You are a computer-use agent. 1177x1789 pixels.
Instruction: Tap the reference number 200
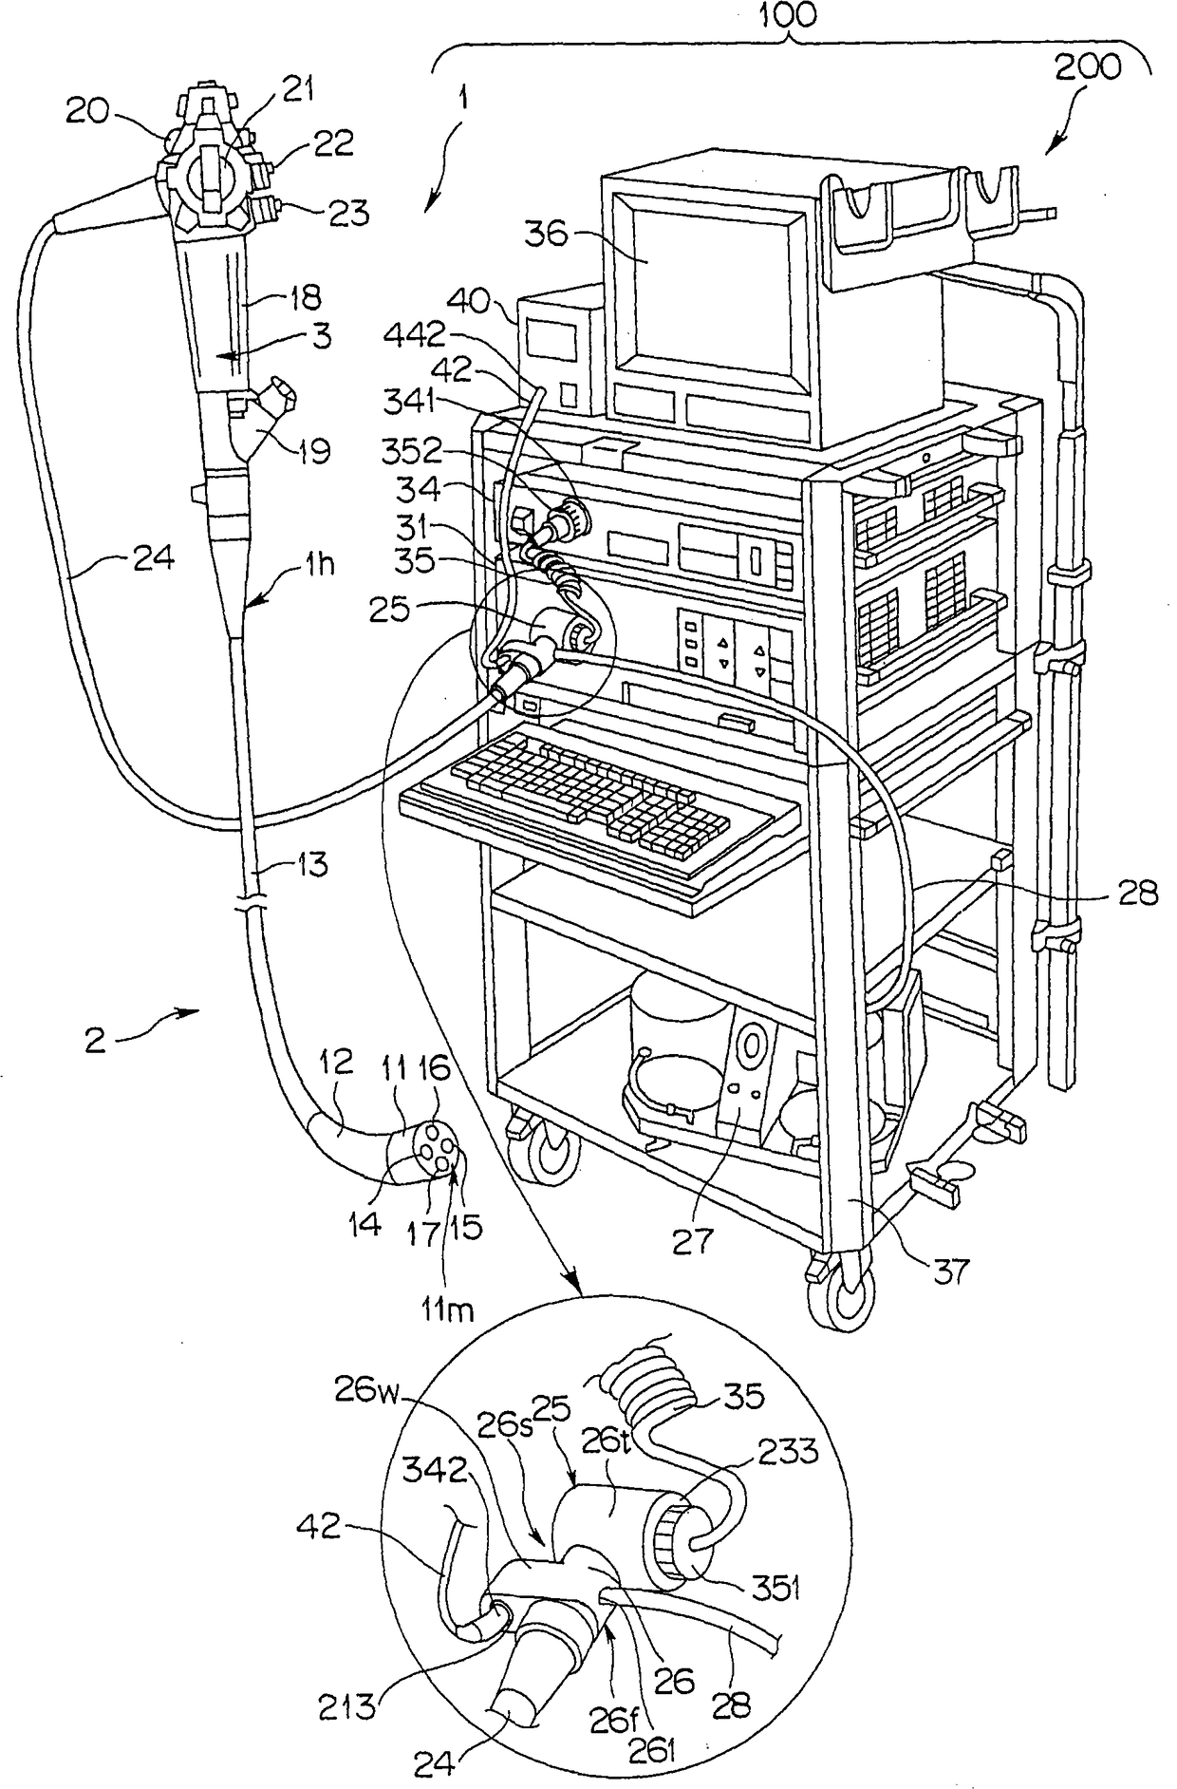click(1087, 68)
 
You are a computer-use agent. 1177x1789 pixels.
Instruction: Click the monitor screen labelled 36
click(711, 289)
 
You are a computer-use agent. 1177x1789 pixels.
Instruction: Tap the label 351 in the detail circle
click(773, 1588)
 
